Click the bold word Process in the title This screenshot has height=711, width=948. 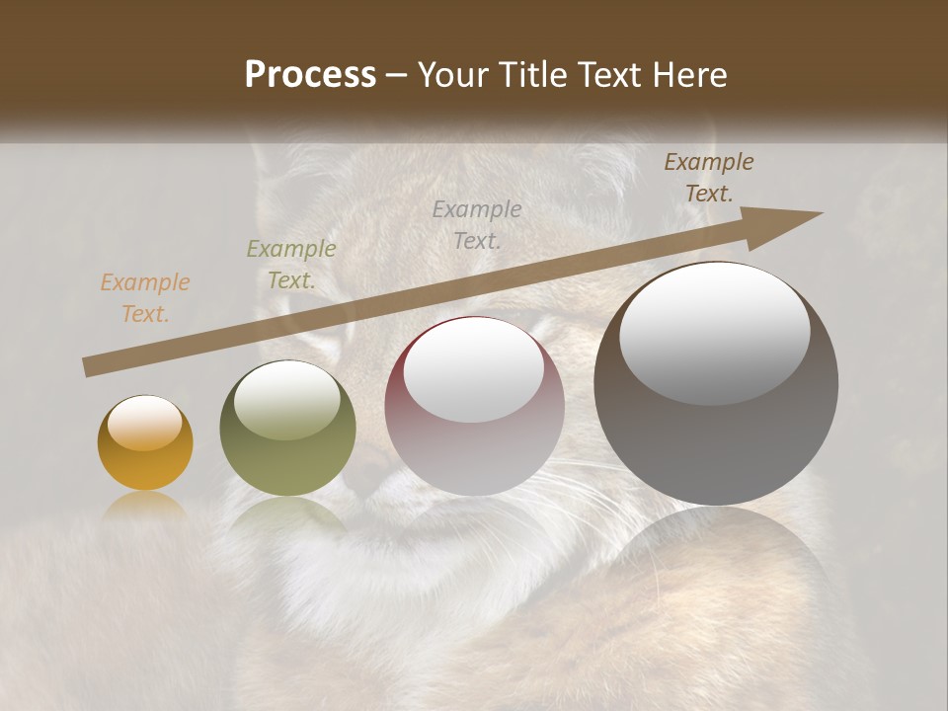(x=310, y=74)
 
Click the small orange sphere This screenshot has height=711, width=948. (x=145, y=443)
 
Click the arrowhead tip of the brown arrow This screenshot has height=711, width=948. (x=820, y=213)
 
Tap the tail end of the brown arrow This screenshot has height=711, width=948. (x=87, y=367)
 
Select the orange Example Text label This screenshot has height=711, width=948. (x=145, y=298)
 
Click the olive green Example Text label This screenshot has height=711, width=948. (x=291, y=265)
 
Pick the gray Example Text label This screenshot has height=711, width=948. (x=477, y=224)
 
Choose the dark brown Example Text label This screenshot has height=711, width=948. (x=709, y=178)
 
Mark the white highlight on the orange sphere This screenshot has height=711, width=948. (x=145, y=424)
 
